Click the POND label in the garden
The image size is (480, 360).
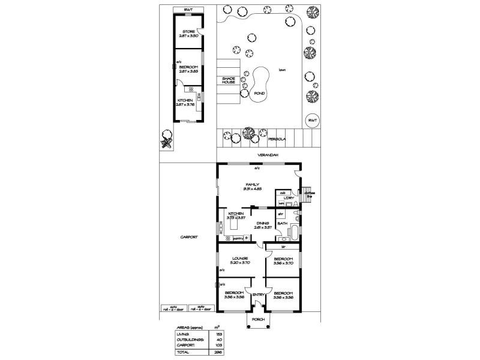click(x=260, y=94)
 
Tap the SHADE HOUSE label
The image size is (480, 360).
click(x=229, y=80)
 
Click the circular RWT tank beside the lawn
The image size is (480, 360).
click(x=312, y=120)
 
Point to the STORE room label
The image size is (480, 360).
click(x=188, y=31)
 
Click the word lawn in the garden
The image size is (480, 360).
click(x=281, y=70)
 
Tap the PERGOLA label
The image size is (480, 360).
click(x=278, y=139)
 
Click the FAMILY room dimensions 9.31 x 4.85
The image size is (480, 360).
click(x=252, y=189)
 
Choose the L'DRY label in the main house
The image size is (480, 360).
click(x=288, y=197)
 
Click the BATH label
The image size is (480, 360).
click(x=282, y=223)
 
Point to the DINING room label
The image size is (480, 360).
click(x=262, y=223)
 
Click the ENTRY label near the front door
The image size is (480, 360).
click(x=259, y=295)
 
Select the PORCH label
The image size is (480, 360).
click(x=259, y=320)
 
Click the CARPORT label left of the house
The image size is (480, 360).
click(x=189, y=237)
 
